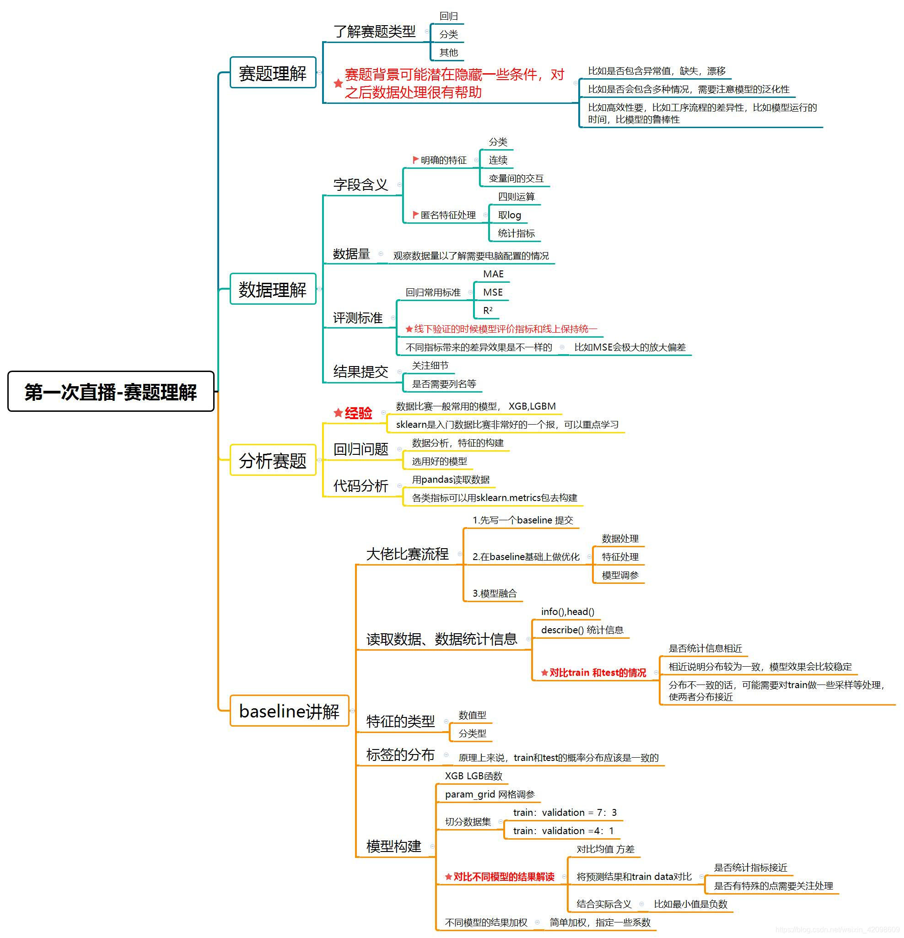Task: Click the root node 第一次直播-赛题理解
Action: (111, 392)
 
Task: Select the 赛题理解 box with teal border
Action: (272, 73)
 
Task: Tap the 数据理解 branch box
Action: (272, 290)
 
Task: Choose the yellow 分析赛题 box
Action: (272, 461)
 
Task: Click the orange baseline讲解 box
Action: (289, 711)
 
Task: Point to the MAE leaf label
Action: (493, 274)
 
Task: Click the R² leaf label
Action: (488, 311)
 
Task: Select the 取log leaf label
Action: (509, 216)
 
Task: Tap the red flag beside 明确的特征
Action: (415, 160)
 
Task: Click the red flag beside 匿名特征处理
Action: (415, 215)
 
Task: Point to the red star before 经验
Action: (338, 413)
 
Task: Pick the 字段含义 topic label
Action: (361, 185)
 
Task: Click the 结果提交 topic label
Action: (361, 372)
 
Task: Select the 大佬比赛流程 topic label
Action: (407, 554)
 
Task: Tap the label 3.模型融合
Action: (495, 593)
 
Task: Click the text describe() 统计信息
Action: (582, 630)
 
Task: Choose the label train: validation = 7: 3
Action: (565, 813)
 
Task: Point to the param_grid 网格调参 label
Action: (490, 794)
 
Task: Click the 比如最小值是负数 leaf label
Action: (690, 904)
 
